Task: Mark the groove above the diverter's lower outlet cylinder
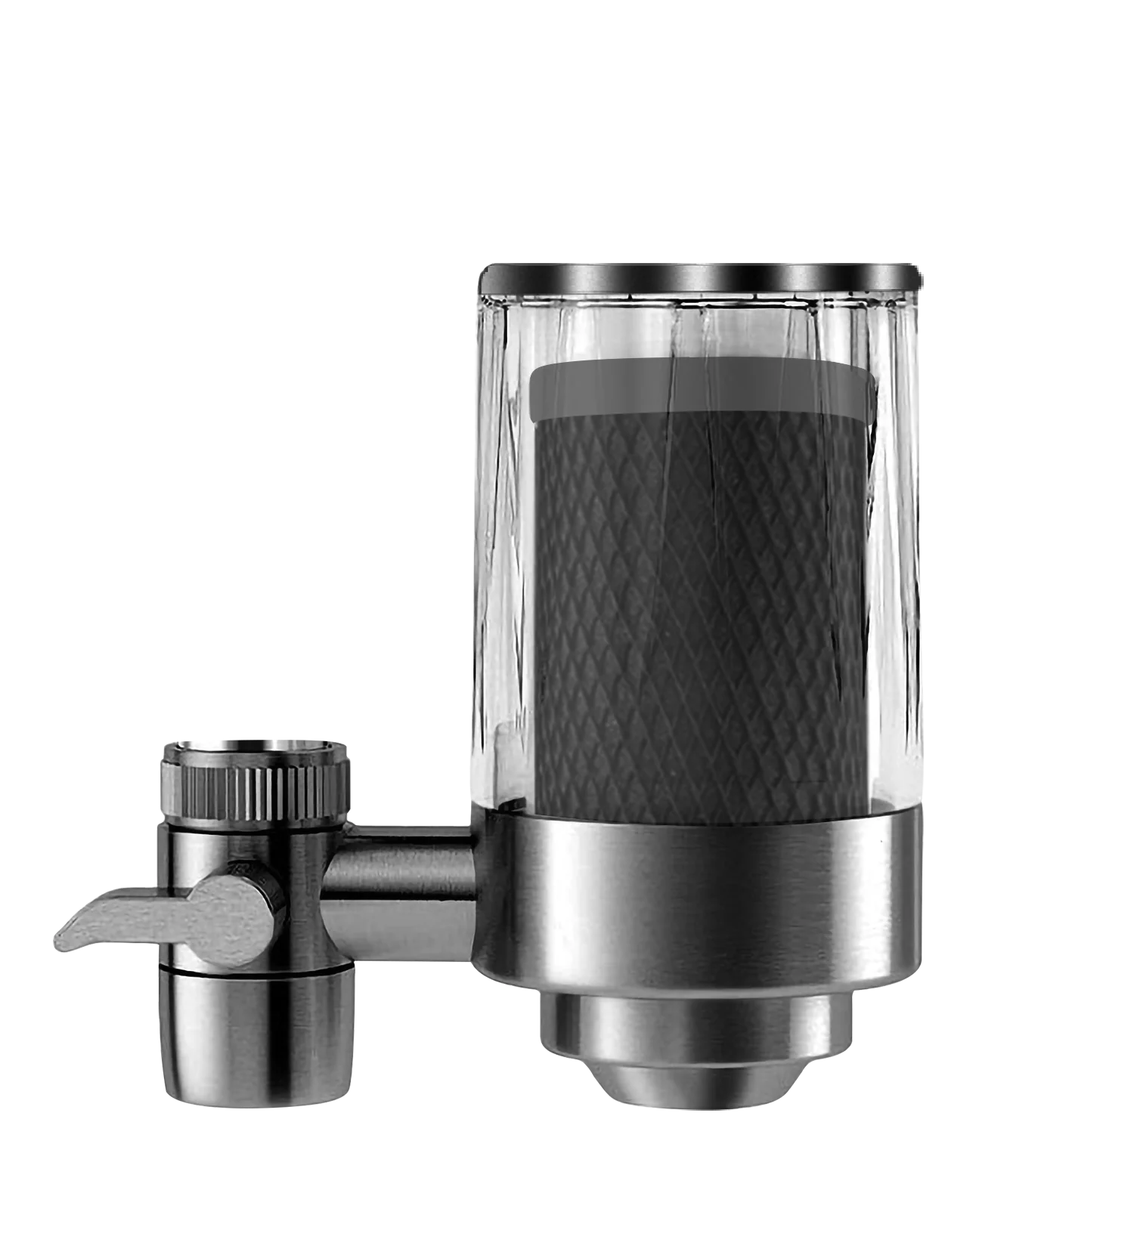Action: [256, 968]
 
